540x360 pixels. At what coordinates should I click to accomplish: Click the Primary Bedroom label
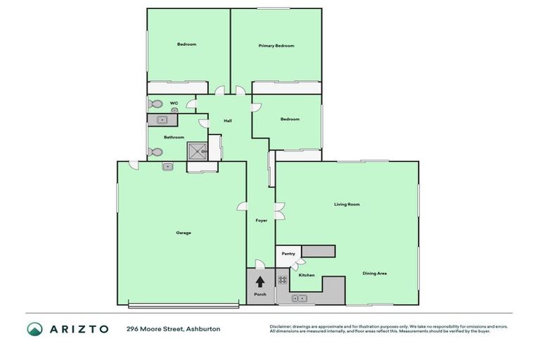point(276,46)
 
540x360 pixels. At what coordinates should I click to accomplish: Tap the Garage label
point(184,233)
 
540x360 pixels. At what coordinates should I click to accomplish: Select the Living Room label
point(347,205)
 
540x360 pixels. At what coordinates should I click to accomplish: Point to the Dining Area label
point(375,274)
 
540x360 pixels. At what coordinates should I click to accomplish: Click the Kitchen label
point(307,275)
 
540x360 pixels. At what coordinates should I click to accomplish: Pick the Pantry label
point(288,254)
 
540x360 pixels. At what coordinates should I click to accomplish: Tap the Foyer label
point(262,220)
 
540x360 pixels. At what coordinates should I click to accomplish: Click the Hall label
point(228,121)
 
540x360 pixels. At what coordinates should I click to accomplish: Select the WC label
point(173,104)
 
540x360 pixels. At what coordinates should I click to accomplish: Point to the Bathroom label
point(174,137)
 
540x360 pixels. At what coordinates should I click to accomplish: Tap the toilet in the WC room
point(156,105)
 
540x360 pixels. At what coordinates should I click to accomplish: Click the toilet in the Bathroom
point(156,152)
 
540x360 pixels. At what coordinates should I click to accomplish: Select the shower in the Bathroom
point(197,150)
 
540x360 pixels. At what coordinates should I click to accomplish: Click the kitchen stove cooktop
point(283,280)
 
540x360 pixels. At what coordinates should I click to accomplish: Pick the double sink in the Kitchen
point(300,299)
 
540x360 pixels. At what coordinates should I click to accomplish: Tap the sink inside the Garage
point(168,167)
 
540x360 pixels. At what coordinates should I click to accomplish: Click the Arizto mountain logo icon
point(35,328)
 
